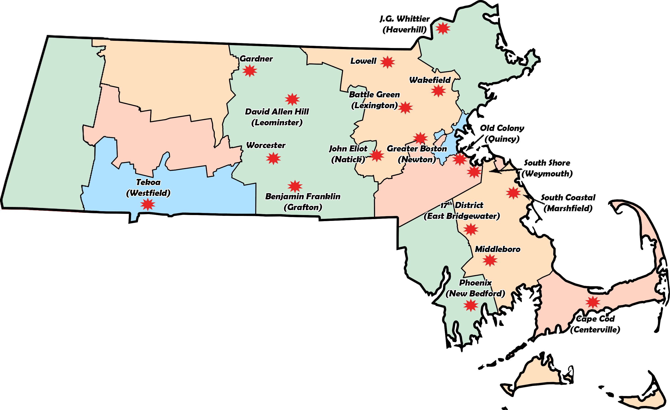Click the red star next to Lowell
point(387,62)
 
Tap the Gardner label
point(256,59)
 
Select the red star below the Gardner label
point(250,71)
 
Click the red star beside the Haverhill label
point(443,28)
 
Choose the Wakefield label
point(430,80)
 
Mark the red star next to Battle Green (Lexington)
point(405,108)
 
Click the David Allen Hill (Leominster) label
point(277,117)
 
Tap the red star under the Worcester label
point(273,158)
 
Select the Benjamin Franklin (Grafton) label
point(303,202)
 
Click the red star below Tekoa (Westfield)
point(148,204)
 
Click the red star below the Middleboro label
point(490,261)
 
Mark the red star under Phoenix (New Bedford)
point(471,305)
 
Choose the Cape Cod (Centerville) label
point(595,324)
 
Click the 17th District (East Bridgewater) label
point(462,211)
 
